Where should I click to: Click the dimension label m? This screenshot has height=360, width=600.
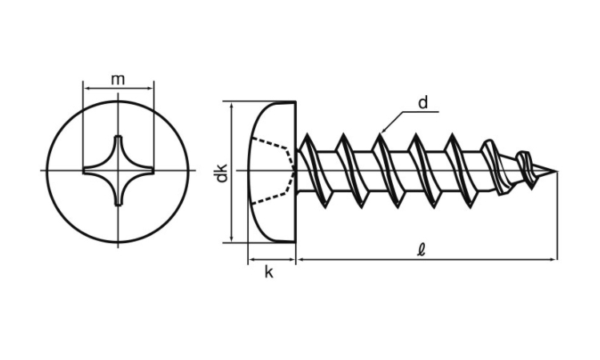tap(118, 78)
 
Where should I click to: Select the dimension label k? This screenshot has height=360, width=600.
tap(270, 273)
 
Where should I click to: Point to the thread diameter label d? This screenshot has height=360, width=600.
tap(423, 102)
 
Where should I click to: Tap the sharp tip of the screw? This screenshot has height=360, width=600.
tap(554, 170)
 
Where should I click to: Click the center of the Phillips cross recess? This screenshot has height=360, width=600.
tap(118, 170)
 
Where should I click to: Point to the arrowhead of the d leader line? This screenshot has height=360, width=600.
tap(385, 130)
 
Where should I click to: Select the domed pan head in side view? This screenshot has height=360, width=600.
tap(272, 171)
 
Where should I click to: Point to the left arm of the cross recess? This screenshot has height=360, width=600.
tap(92, 170)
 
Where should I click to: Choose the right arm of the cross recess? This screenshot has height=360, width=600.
tap(145, 170)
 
